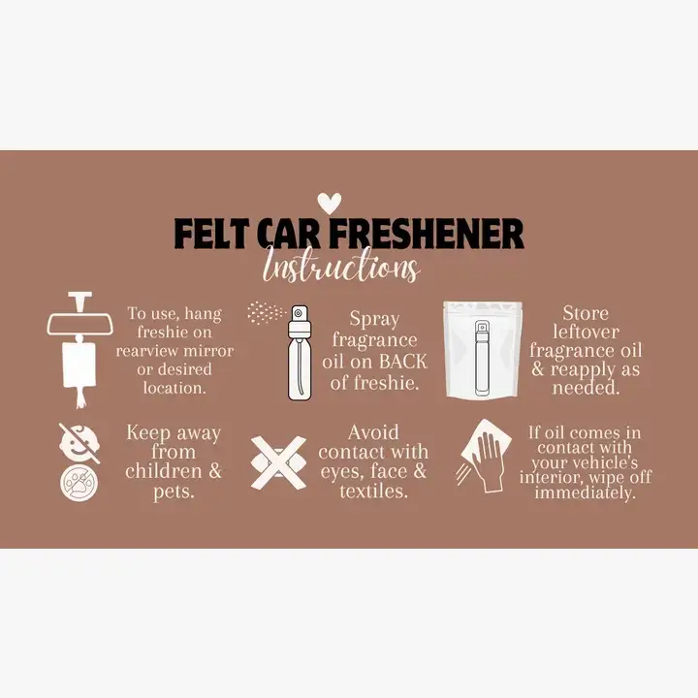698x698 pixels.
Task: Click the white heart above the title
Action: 331,204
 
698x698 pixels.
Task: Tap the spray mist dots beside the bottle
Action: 263,312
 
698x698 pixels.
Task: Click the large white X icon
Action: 277,462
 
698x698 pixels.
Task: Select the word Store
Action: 586,313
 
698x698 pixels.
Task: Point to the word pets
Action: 173,492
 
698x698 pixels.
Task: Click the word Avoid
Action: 373,432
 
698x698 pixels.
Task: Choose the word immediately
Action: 586,492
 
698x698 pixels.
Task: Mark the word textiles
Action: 373,492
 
